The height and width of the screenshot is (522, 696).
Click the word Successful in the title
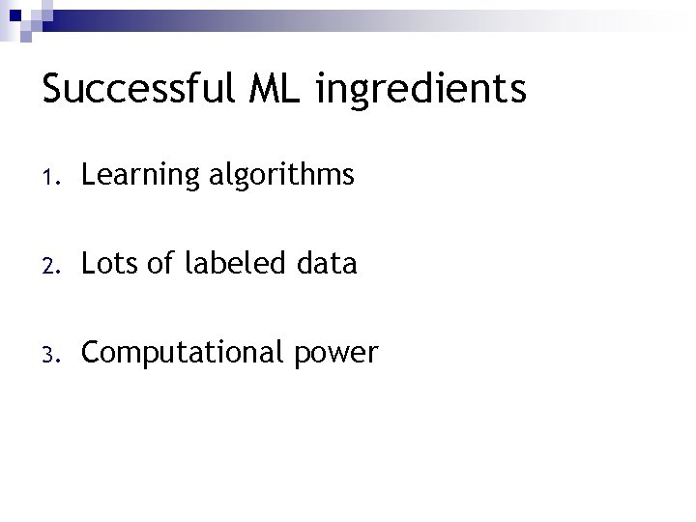(x=137, y=89)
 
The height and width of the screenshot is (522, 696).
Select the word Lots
(x=110, y=263)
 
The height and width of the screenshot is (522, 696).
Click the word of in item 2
(x=161, y=263)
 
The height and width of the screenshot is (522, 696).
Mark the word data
(x=328, y=263)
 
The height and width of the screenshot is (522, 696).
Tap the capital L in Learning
(x=88, y=175)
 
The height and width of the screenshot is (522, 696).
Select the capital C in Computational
(x=91, y=352)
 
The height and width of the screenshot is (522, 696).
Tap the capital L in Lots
(x=88, y=263)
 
